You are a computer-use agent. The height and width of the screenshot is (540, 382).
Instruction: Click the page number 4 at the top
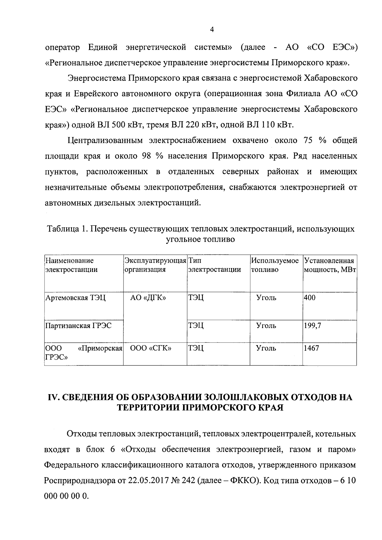(212, 29)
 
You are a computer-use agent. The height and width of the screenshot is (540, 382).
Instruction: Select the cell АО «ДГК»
(148, 298)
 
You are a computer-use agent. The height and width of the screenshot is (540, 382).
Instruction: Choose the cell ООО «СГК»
(151, 348)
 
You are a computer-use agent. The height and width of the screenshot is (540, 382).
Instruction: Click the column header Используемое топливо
(275, 265)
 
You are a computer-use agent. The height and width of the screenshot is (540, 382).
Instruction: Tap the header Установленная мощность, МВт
(329, 265)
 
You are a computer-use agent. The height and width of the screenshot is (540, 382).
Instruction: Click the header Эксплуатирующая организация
(155, 265)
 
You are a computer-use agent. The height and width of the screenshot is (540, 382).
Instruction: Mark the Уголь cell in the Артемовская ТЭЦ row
(266, 298)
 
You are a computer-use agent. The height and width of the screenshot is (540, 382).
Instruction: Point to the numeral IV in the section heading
(52, 398)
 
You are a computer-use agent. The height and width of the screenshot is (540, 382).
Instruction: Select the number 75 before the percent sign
(303, 141)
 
